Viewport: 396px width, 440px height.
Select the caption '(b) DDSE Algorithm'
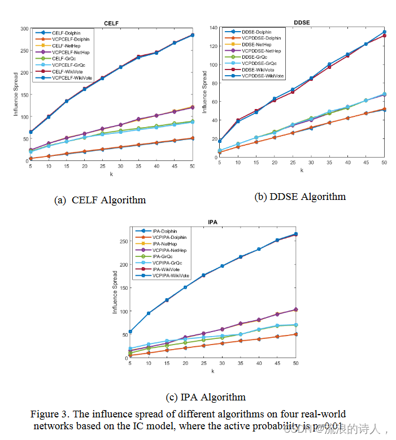click(x=300, y=197)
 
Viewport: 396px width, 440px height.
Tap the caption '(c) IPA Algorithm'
click(x=206, y=397)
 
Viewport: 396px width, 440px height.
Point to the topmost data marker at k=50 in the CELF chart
click(x=193, y=35)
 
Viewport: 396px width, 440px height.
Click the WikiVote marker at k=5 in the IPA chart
click(x=131, y=332)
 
